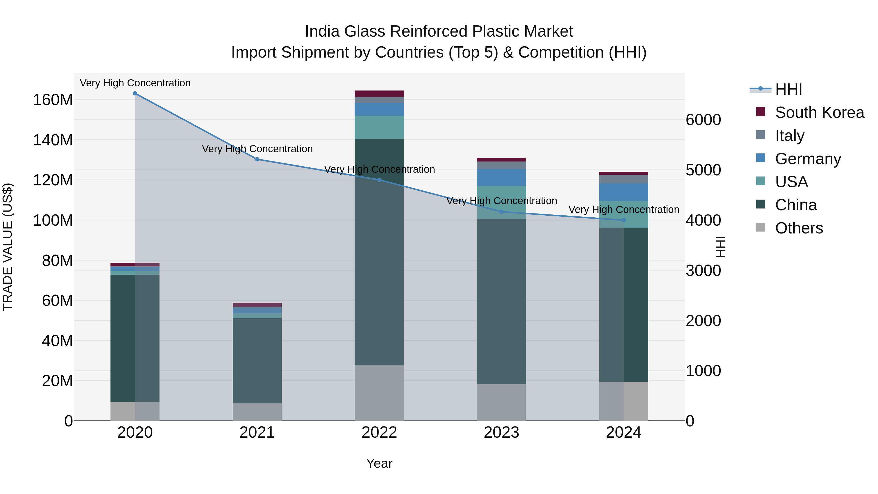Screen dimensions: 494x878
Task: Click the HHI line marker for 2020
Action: coord(135,93)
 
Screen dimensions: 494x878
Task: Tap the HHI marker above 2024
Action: coord(624,220)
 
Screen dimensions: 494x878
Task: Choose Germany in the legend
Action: coord(808,159)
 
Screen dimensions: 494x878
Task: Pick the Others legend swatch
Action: coord(760,227)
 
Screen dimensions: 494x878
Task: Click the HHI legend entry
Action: coord(788,89)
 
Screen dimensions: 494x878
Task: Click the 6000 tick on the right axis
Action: coord(703,120)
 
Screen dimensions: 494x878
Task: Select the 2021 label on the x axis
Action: coord(257,433)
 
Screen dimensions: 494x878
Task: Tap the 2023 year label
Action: coord(501,433)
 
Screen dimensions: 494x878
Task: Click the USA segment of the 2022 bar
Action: coord(379,127)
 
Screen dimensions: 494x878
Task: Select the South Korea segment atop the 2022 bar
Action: coord(379,94)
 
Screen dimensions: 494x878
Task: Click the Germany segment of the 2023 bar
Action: coord(501,177)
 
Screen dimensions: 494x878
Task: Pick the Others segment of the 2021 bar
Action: coord(257,412)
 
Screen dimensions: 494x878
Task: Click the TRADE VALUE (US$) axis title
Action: coord(8,247)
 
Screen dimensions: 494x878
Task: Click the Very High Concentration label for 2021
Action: coord(257,149)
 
